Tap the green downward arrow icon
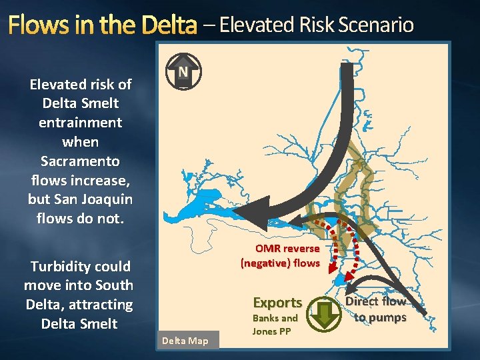click(x=326, y=315)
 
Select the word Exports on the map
click(x=277, y=303)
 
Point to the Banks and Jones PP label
click(x=275, y=325)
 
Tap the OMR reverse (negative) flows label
click(x=281, y=256)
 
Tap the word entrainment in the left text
click(x=80, y=123)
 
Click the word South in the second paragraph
click(x=115, y=285)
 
